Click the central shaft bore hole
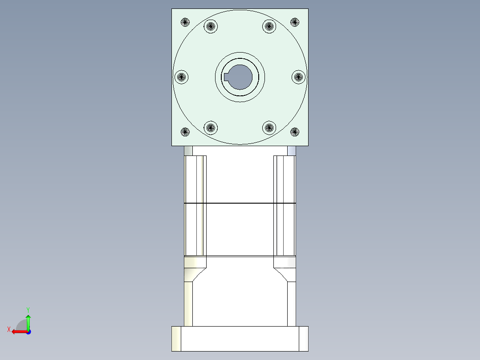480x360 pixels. pos(241,77)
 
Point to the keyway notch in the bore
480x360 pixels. pos(227,77)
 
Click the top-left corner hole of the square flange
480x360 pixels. pos(185,21)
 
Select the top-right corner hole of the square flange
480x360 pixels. pos(294,22)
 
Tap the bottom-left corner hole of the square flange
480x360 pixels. pos(185,131)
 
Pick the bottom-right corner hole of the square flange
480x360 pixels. pos(294,131)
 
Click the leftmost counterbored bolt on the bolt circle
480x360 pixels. pos(181,77)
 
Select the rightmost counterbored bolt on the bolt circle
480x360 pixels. pos(299,77)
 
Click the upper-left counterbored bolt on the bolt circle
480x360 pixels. pos(211,26)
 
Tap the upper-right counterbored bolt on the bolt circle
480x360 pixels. pos(268,26)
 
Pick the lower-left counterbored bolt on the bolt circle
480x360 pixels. pos(211,128)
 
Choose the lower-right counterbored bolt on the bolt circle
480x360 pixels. pos(268,128)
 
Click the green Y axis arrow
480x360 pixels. pos(28,322)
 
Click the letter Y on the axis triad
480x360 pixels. pos(28,309)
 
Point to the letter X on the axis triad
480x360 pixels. pos(8,330)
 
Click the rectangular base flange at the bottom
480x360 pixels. pos(240,339)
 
